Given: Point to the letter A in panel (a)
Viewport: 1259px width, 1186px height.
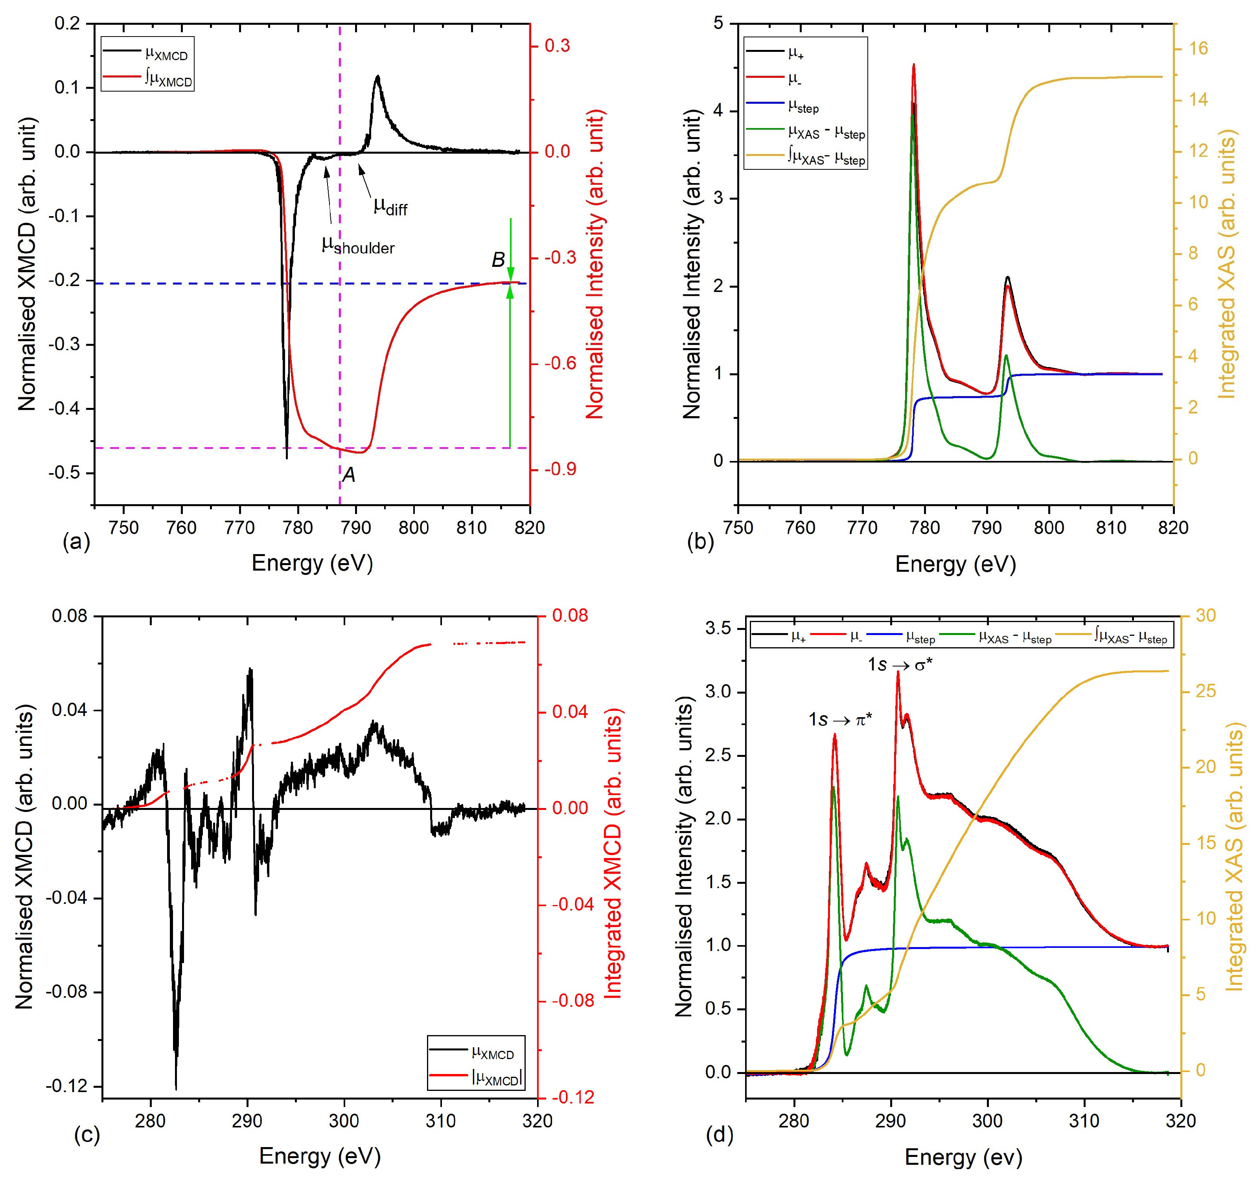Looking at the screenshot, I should [349, 475].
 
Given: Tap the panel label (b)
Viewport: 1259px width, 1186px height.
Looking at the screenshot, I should [700, 542].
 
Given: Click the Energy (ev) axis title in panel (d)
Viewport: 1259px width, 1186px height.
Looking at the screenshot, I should [963, 1158].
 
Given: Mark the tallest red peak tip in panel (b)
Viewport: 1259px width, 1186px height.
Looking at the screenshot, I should [913, 64].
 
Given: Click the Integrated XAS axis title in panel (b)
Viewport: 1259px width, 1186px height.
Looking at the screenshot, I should [1227, 264].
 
